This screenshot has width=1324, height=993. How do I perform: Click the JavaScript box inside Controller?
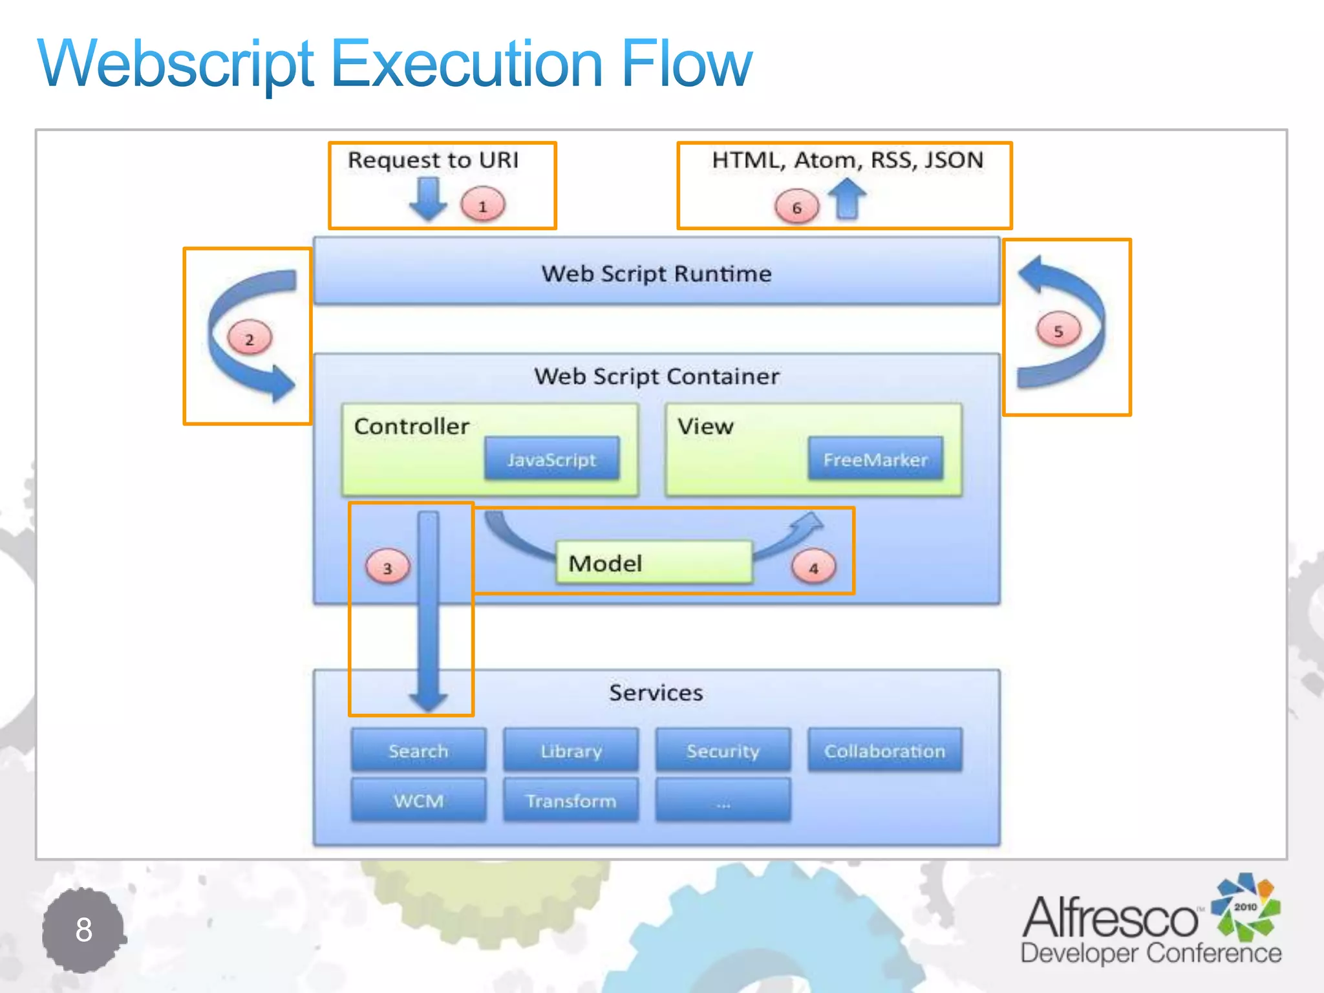(x=551, y=459)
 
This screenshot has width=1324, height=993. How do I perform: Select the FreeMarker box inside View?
(x=875, y=459)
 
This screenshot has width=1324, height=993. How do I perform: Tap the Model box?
(x=654, y=562)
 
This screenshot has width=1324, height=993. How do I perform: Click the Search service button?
(x=418, y=751)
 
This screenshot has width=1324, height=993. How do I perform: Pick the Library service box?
(x=571, y=751)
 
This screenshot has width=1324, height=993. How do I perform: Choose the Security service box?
(x=723, y=751)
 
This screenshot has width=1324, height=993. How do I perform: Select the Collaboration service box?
(x=884, y=751)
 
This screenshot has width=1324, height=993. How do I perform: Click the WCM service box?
(x=418, y=800)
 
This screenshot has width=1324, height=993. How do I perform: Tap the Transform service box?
(x=571, y=800)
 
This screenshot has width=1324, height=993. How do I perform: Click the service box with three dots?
(x=723, y=800)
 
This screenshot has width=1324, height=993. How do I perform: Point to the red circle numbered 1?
(x=482, y=206)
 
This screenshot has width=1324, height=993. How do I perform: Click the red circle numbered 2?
(x=250, y=338)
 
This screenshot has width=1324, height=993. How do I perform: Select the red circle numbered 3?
(x=387, y=568)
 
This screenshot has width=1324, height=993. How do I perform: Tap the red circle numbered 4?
(x=813, y=568)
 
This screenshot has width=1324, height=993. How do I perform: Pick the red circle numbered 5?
(x=1058, y=330)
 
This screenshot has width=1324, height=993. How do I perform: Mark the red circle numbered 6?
(x=796, y=207)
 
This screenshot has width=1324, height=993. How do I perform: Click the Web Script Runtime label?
(x=656, y=273)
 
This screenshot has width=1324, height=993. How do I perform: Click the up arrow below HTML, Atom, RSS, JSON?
(x=847, y=199)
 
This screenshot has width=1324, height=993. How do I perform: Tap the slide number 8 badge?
(x=83, y=930)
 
